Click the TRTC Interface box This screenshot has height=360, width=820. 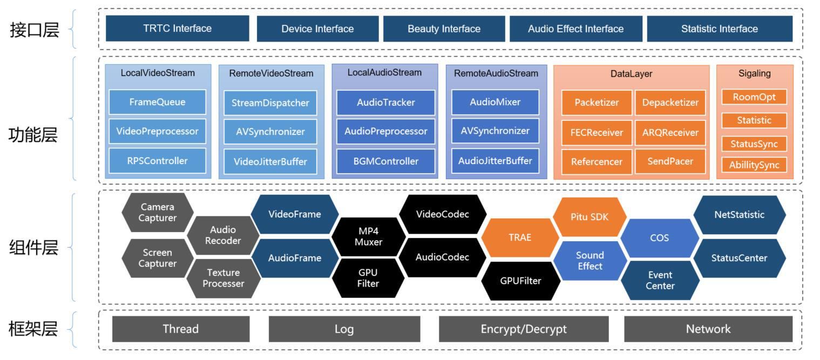pos(177,29)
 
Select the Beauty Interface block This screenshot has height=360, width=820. pos(444,29)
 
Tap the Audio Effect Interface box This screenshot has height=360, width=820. pos(575,29)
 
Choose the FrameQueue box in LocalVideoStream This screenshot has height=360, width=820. pos(157,102)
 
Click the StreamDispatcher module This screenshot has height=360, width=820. pos(270,103)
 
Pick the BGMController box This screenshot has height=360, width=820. pos(385,161)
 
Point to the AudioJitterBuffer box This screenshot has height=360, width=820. pos(495,161)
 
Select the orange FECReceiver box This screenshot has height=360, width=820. pos(597,132)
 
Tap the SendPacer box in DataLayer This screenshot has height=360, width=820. pos(670,161)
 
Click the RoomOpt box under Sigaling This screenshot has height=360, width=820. pos(754,97)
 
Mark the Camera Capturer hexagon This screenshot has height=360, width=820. pos(157,213)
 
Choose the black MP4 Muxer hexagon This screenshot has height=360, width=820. pos(368,236)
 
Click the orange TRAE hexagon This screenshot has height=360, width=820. pos(519,237)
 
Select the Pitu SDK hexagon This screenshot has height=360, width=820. pos(589,217)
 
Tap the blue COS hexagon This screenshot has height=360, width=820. pos(659,238)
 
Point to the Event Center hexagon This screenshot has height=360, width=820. pos(660,281)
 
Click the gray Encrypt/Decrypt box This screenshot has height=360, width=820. pos(523,329)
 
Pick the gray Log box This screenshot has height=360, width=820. pos(344,329)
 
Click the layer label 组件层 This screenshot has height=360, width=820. pos(33,248)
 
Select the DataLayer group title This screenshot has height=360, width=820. pos(631,74)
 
